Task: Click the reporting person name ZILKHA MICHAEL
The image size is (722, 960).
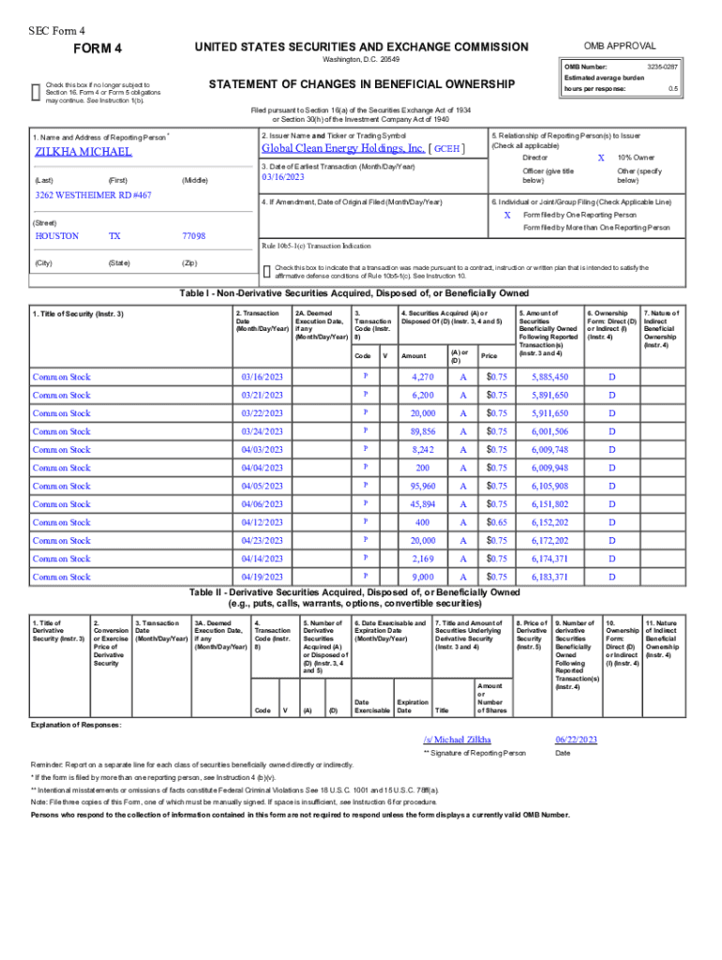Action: [83, 152]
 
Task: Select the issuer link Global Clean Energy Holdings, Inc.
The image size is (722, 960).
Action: [343, 148]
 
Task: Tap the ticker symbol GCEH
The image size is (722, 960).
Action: [446, 149]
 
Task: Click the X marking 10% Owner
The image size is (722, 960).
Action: [600, 158]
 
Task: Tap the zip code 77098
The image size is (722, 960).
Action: [192, 236]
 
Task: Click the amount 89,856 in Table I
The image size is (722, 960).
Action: [423, 431]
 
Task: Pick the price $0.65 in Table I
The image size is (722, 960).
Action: [496, 522]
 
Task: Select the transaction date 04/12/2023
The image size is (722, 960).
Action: [262, 522]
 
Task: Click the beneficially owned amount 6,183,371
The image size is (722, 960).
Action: [549, 577]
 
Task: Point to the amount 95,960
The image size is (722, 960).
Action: [423, 486]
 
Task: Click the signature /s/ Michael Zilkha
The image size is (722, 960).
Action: [457, 740]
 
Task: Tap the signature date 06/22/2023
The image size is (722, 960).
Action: [576, 740]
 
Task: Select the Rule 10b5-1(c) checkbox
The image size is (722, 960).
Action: [267, 271]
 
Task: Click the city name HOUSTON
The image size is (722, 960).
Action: [56, 236]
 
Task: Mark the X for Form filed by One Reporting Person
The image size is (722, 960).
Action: [507, 214]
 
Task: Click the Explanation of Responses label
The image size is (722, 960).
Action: [75, 726]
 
